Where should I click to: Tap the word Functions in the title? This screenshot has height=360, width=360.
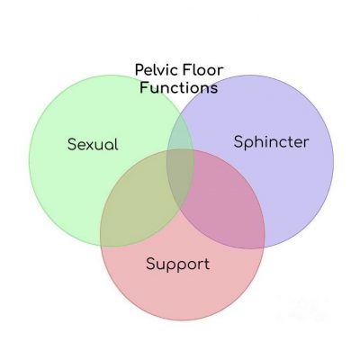pos(179,87)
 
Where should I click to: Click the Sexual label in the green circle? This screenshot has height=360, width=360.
pos(93,144)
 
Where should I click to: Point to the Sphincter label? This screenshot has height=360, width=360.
pos(271,142)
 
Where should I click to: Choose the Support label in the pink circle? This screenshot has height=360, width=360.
pos(178,265)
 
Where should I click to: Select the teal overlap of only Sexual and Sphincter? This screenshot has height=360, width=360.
pos(180,133)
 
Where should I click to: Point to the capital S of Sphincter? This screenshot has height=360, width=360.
pos(238,141)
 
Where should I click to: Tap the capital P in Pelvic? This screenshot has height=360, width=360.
pos(139,70)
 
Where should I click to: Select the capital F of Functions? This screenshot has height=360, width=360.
pos(144,87)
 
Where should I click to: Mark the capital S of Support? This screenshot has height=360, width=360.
pos(151,264)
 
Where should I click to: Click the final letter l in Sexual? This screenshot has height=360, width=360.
pos(116,144)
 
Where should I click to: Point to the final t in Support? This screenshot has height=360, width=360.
pos(207,265)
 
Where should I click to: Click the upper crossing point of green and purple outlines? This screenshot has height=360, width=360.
pos(180,112)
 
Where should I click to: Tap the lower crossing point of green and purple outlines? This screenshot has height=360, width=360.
pos(180,211)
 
